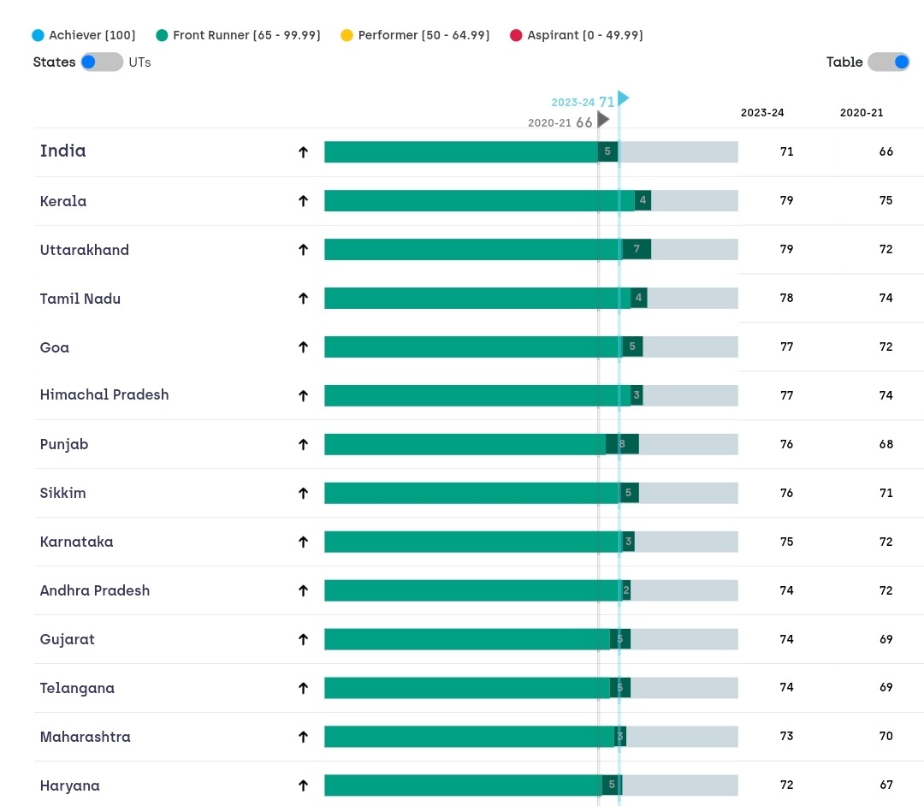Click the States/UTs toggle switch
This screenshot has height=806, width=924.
pyautogui.click(x=102, y=62)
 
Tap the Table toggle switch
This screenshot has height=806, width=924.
pyautogui.click(x=888, y=62)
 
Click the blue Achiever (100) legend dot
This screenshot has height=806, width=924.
pyautogui.click(x=37, y=35)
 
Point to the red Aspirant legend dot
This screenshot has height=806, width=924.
pyautogui.click(x=515, y=35)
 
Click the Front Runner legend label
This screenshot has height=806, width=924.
pyautogui.click(x=246, y=35)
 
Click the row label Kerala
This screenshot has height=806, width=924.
pyautogui.click(x=63, y=201)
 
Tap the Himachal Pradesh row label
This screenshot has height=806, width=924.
pyautogui.click(x=104, y=394)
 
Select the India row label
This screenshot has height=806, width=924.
pyautogui.click(x=63, y=151)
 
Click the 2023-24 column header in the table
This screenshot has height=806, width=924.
pyautogui.click(x=762, y=113)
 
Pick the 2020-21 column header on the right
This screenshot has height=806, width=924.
pyautogui.click(x=862, y=113)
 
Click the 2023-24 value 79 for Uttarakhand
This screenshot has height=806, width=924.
pyautogui.click(x=786, y=250)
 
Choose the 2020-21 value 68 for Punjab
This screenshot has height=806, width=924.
pyautogui.click(x=885, y=444)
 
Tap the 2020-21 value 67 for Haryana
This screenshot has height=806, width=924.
pyautogui.click(x=885, y=785)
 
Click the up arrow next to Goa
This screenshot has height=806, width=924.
pyautogui.click(x=302, y=347)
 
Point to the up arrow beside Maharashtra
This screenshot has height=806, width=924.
pyautogui.click(x=302, y=737)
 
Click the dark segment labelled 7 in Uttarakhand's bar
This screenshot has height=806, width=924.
pyautogui.click(x=637, y=250)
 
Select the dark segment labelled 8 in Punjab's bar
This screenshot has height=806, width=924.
pyautogui.click(x=623, y=444)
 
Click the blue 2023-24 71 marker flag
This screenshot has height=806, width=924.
pyautogui.click(x=623, y=99)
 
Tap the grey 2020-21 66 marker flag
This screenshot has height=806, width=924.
pyautogui.click(x=603, y=121)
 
